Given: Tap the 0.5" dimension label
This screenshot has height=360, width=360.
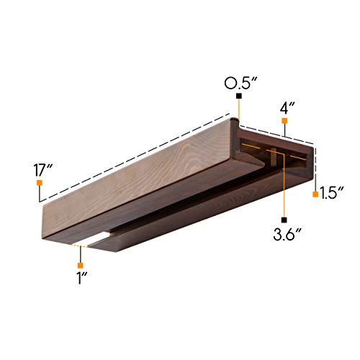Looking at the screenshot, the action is [x=241, y=84].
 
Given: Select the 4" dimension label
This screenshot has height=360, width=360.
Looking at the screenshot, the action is [x=287, y=109].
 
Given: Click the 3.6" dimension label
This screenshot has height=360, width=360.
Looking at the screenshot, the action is [x=287, y=234].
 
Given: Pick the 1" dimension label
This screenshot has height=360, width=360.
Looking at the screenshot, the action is [x=82, y=278].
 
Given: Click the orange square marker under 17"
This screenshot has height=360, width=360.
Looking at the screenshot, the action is [x=40, y=183].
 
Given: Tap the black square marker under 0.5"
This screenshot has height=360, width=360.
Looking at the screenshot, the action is [x=239, y=96].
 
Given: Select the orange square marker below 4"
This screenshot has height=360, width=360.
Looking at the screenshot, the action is [x=284, y=121].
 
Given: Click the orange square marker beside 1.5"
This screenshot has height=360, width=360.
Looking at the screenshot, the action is [x=315, y=194].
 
